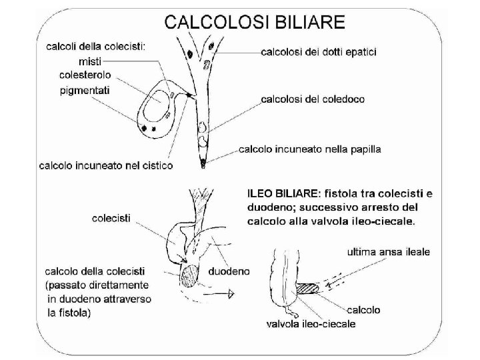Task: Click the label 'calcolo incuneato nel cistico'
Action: [107, 165]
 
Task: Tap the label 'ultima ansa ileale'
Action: [389, 252]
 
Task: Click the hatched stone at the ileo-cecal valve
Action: [308, 289]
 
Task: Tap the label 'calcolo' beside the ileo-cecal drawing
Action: [363, 309]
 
